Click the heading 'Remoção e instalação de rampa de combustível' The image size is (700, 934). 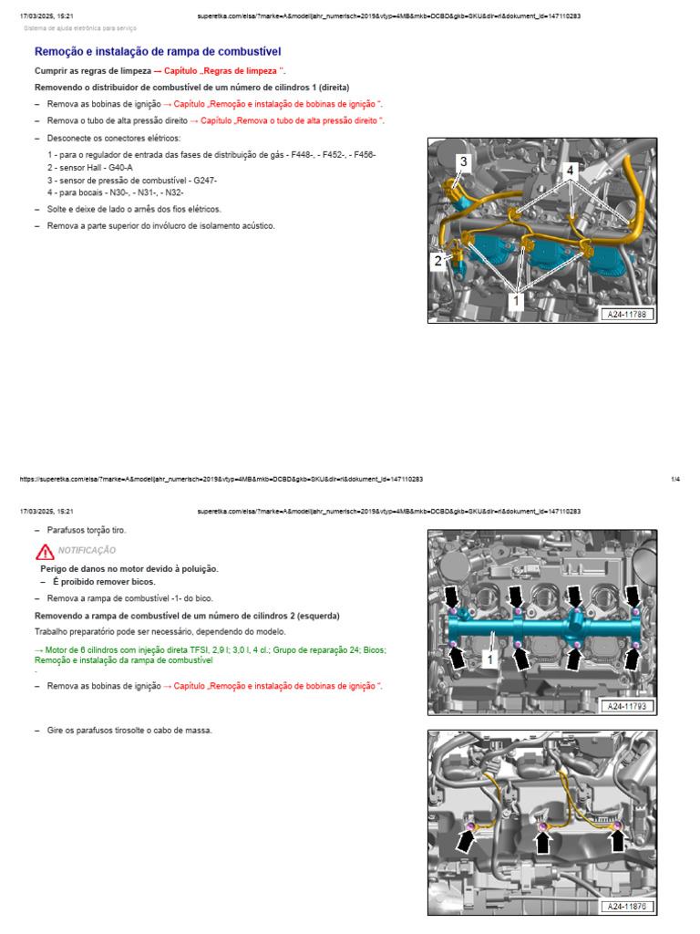pos(157,52)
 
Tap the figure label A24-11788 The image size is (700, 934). pos(627,315)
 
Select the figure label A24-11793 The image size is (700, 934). pos(627,706)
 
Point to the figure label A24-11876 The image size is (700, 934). pos(627,907)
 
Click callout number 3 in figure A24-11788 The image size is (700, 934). pos(463,161)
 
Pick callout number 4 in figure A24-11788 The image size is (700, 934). pos(570,171)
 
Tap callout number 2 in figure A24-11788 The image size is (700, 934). pos(438,261)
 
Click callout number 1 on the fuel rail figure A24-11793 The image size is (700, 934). pos(490,658)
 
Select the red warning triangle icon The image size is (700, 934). pos(46,551)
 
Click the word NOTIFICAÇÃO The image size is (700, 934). pos(87,551)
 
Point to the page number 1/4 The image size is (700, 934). pos(675,479)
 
